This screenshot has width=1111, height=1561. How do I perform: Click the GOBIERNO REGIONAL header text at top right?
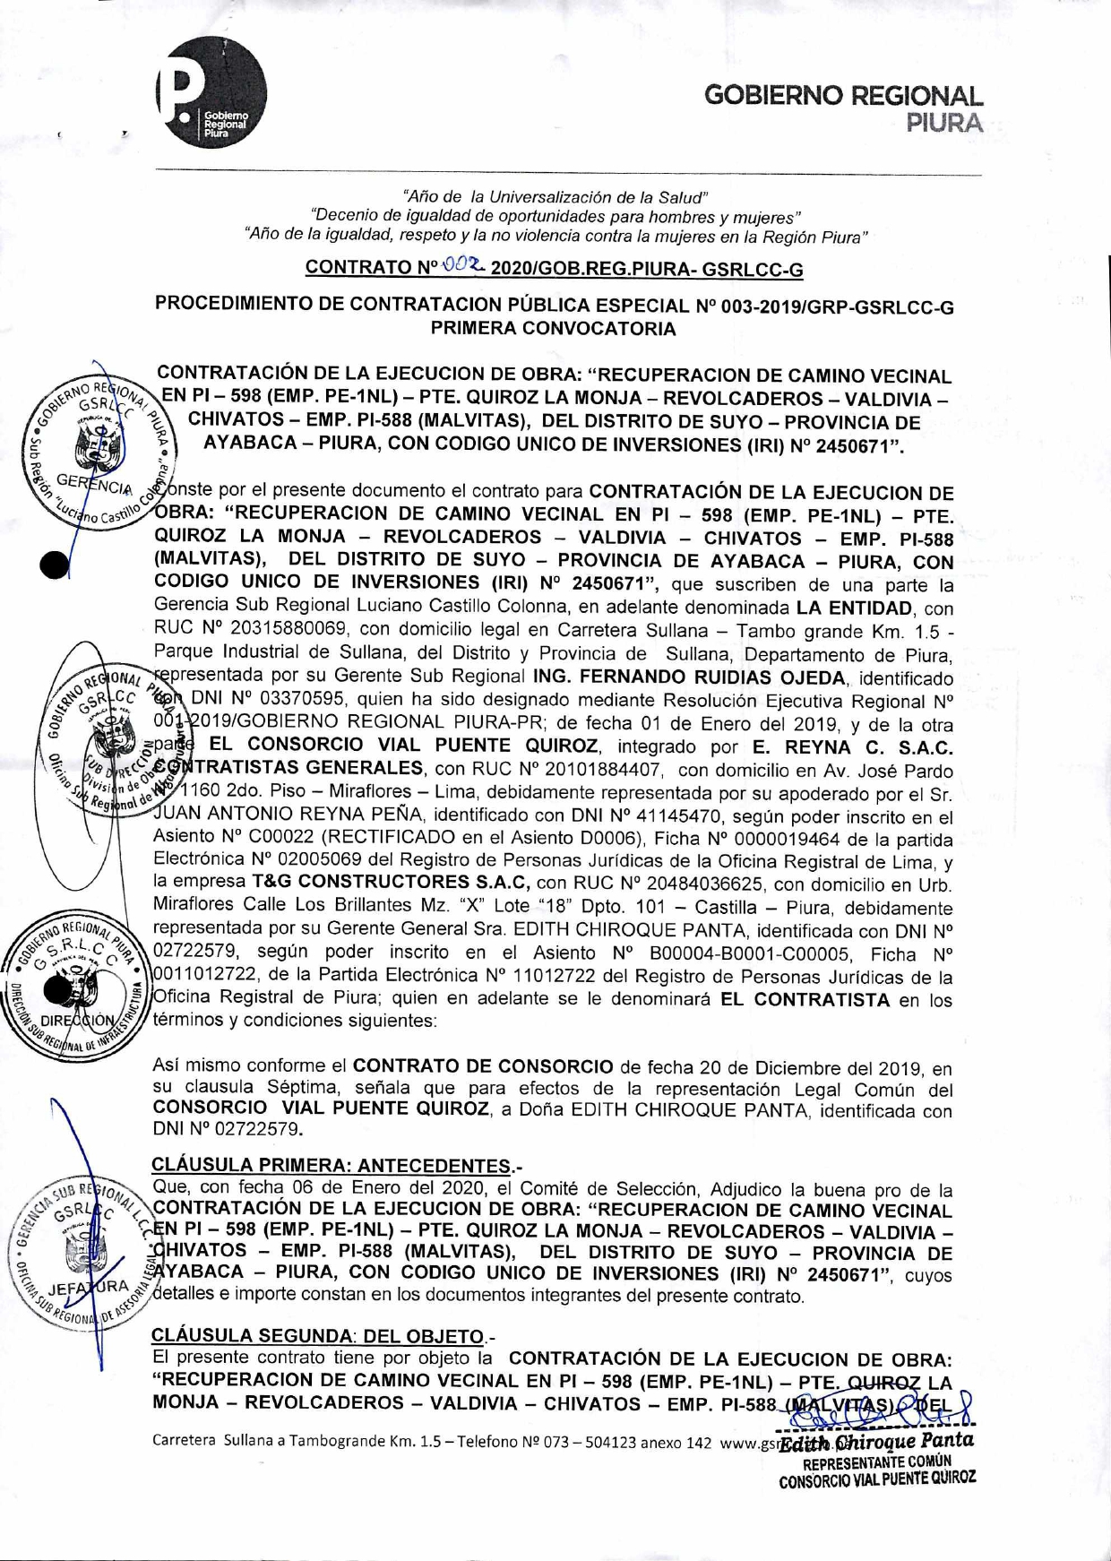click(x=843, y=96)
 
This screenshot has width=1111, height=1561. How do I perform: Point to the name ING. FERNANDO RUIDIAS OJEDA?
click(x=689, y=677)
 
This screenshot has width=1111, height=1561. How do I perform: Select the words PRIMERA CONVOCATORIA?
click(x=554, y=328)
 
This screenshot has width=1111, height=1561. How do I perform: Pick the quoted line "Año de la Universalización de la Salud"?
click(x=555, y=196)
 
